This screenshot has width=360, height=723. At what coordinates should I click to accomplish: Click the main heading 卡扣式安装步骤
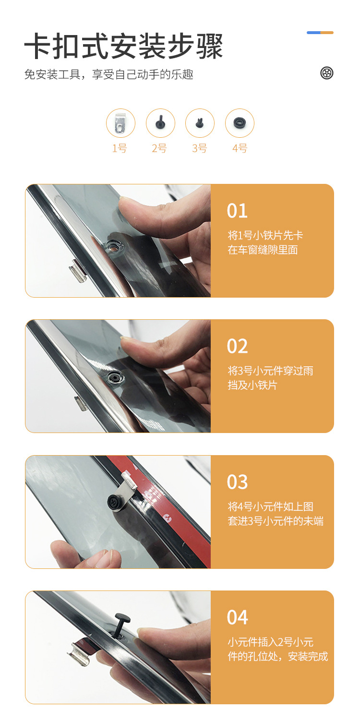[123, 46]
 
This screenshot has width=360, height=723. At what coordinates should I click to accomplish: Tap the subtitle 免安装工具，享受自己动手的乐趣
[108, 74]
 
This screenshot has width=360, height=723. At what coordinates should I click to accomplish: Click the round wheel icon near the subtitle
[327, 73]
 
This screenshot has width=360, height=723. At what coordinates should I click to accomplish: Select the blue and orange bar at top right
[320, 33]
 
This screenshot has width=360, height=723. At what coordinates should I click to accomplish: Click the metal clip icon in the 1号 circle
[120, 123]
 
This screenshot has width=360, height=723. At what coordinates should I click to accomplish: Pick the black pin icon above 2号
[160, 122]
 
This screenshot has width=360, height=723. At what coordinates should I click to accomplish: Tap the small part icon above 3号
[200, 123]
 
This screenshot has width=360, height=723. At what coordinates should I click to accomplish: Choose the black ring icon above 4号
[240, 123]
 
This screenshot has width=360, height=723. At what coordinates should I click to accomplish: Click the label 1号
[120, 148]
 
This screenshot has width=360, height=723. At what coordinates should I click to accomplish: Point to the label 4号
[240, 148]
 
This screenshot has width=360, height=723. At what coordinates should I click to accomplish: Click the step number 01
[237, 211]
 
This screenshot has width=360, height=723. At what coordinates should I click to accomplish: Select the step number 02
[237, 346]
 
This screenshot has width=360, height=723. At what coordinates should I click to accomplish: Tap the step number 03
[237, 482]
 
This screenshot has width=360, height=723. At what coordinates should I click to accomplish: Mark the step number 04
[237, 617]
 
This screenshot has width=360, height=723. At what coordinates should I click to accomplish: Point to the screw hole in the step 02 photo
[115, 377]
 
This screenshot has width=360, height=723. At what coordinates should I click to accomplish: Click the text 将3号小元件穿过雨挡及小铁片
[270, 378]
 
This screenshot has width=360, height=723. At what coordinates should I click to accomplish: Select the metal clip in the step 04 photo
[79, 652]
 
